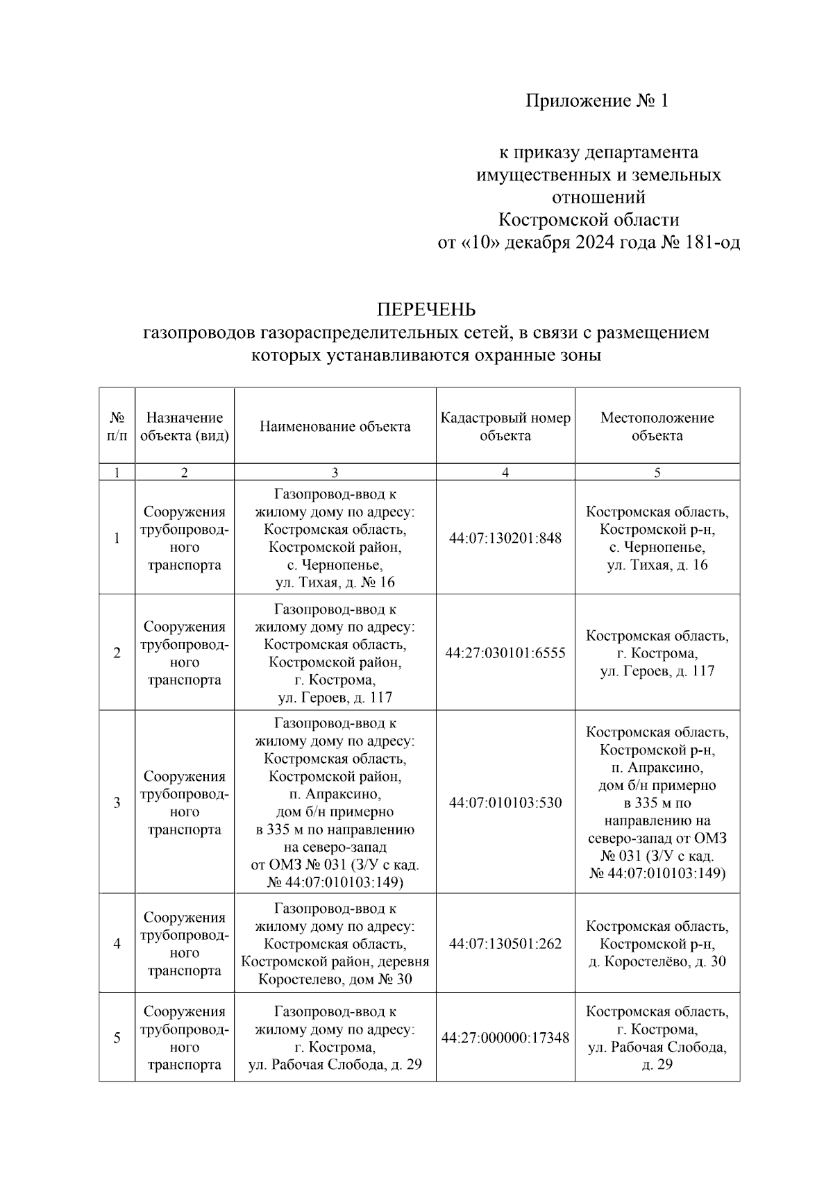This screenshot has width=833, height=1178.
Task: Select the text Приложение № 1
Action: click(596, 101)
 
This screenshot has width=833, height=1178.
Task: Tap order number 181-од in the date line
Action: click(708, 243)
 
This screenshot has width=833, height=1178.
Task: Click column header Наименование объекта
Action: click(335, 427)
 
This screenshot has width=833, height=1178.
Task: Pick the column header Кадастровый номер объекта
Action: click(505, 427)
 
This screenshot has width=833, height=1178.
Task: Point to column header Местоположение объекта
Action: click(657, 427)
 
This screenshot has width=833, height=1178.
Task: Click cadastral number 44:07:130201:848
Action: click(505, 538)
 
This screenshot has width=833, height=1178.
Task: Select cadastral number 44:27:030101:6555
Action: click(505, 653)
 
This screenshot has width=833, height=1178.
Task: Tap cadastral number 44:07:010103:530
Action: click(505, 803)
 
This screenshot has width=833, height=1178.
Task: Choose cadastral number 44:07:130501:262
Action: click(505, 944)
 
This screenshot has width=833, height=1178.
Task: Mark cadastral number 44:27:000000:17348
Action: click(505, 1038)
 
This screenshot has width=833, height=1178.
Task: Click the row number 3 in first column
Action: click(117, 803)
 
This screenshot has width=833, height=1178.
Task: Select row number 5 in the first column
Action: click(117, 1038)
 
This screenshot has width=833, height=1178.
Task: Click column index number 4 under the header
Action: click(505, 473)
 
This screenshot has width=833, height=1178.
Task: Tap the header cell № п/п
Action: click(117, 427)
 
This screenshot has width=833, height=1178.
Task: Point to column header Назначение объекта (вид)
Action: click(184, 427)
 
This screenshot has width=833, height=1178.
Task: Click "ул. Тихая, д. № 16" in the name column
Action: click(335, 582)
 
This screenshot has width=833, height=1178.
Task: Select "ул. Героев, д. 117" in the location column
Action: click(657, 671)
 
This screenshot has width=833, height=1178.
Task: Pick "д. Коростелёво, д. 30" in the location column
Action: click(657, 962)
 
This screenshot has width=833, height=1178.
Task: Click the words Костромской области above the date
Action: click(589, 220)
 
